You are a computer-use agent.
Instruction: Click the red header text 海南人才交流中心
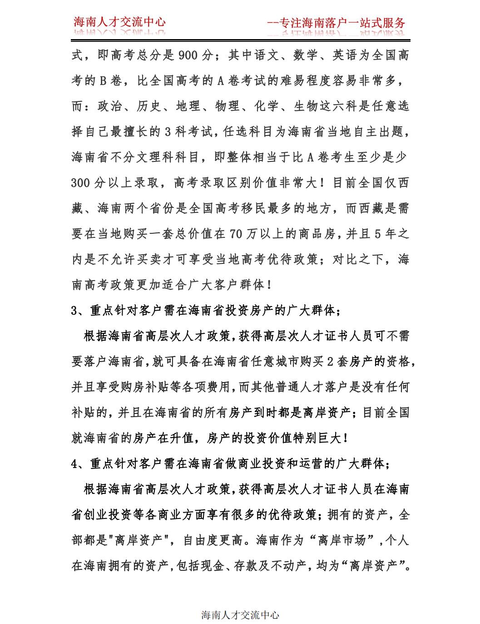(x=120, y=22)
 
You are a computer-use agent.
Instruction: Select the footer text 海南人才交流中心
(x=240, y=615)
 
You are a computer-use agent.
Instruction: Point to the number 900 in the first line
(x=188, y=55)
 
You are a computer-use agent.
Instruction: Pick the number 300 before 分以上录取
(x=81, y=183)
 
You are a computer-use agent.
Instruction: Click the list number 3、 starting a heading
(x=79, y=311)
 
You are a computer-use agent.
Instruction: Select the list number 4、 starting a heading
(x=79, y=463)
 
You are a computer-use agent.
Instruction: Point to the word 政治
(x=110, y=106)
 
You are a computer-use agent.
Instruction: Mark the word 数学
(x=306, y=55)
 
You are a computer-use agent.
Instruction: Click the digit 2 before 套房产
(x=330, y=362)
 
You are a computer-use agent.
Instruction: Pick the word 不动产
(x=288, y=566)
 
